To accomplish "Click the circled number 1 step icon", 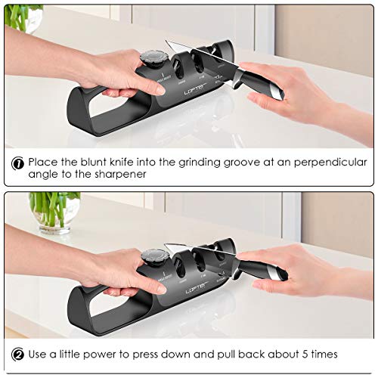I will (17, 163).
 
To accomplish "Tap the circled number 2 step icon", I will (17, 354).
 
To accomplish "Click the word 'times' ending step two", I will (321, 354).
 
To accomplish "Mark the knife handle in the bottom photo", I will (261, 269).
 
